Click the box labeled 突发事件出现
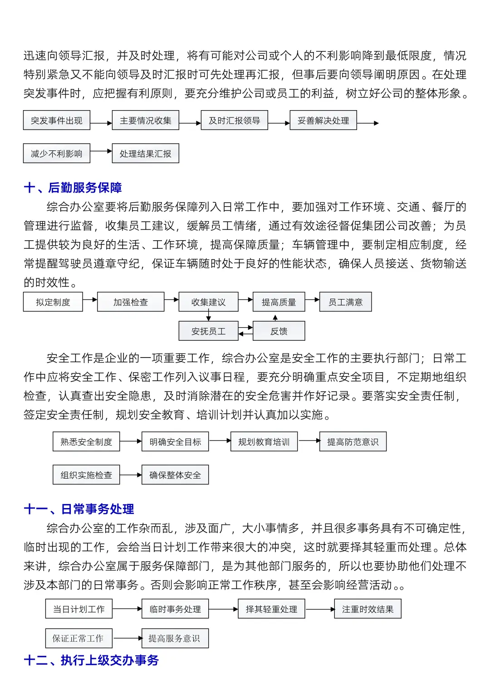click(57, 120)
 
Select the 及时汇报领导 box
click(234, 120)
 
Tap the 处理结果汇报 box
click(145, 153)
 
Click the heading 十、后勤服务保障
click(73, 187)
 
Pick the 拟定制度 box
click(53, 302)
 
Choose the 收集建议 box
click(208, 302)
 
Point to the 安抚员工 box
click(208, 331)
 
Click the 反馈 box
click(279, 331)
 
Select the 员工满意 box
click(345, 302)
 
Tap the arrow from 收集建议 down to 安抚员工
click(209, 316)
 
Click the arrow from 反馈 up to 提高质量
click(275, 317)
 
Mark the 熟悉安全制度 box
click(86, 441)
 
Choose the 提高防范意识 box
click(353, 441)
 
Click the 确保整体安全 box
click(175, 474)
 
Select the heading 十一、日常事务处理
click(79, 509)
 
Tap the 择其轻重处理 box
click(271, 609)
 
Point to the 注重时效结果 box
click(367, 609)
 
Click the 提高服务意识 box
click(175, 638)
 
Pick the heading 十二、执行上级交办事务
click(91, 660)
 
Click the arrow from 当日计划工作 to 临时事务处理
click(127, 609)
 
